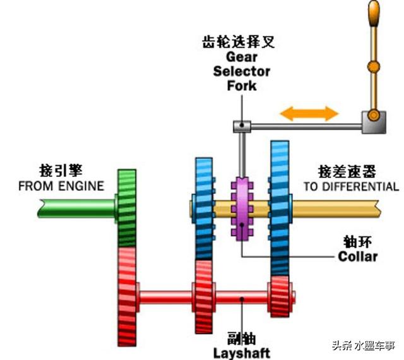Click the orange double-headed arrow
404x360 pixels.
[309, 114]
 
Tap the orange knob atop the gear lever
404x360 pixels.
[373, 11]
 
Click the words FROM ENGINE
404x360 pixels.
[61, 186]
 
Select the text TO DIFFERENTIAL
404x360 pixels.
[351, 186]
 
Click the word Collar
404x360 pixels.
[357, 256]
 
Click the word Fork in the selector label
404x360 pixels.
[242, 85]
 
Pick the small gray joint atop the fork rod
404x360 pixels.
[240, 126]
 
